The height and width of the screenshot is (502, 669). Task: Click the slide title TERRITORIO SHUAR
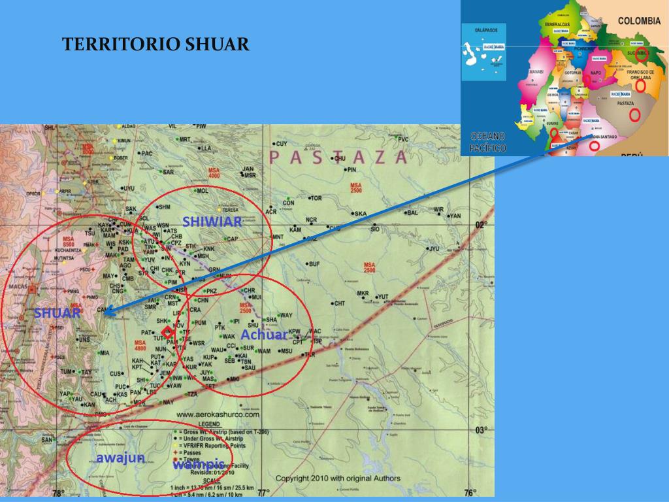coord(155,44)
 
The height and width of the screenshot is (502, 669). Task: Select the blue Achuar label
coord(264,335)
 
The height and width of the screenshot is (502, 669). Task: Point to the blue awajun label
coord(121,458)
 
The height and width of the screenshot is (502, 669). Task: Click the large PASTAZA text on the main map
coord(338,158)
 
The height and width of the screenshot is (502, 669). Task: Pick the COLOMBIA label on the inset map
coord(639,21)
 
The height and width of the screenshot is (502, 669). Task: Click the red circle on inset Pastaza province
coord(634,115)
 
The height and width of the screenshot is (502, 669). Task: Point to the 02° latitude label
coord(481,226)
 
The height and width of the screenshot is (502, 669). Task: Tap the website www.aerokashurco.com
coord(218,414)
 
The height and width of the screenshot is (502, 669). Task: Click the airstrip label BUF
coord(314,264)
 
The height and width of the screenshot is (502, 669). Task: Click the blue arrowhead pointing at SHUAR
coord(109,312)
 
